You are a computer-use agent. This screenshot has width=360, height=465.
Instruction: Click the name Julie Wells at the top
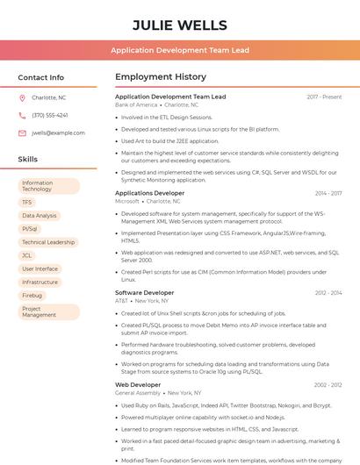[x=180, y=25]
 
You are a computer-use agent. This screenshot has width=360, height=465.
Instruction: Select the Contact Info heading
[x=41, y=77]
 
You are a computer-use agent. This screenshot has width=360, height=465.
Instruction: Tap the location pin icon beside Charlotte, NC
[x=22, y=97]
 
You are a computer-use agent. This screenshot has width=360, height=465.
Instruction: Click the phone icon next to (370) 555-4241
[x=22, y=115]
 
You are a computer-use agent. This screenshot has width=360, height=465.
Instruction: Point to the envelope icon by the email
[x=22, y=132]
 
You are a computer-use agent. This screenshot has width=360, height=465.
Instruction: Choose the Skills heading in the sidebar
[x=28, y=159]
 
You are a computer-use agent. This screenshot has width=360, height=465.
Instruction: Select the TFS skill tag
[x=27, y=202]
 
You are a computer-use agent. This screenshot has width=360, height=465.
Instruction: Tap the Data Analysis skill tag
[x=40, y=215]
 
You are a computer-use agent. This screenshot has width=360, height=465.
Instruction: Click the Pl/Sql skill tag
[x=30, y=228]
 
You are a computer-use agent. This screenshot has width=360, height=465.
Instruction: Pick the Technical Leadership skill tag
[x=48, y=242]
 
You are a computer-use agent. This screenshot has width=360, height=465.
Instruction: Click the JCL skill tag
[x=27, y=255]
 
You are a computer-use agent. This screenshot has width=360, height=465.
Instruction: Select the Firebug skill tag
[x=32, y=296]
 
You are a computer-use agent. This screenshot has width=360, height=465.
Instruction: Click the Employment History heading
[x=161, y=77]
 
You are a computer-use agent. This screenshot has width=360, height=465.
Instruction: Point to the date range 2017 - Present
[x=324, y=97]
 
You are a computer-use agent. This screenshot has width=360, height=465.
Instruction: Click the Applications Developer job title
[x=150, y=193]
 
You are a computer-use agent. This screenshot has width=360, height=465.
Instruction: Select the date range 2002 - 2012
[x=328, y=384]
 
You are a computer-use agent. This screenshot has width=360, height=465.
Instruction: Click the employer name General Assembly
[x=138, y=393]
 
